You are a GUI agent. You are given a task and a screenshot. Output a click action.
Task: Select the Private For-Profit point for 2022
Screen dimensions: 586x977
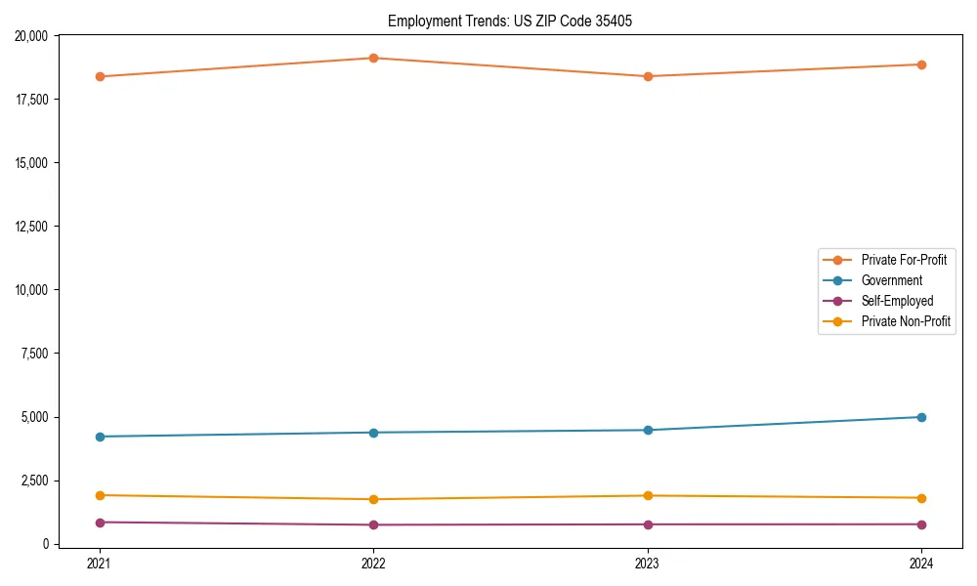point(373,58)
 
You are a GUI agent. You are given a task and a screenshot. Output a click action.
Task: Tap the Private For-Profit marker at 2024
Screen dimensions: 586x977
point(921,64)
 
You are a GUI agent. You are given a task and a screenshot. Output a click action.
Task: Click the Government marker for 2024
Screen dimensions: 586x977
point(921,417)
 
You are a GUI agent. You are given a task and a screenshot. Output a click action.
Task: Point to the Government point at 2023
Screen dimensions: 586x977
point(648,430)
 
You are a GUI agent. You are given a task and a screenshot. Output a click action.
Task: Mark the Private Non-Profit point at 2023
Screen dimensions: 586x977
point(648,495)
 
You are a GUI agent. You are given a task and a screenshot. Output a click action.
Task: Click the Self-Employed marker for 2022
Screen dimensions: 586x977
point(373,524)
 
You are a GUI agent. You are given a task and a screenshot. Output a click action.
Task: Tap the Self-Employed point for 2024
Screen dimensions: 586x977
point(921,524)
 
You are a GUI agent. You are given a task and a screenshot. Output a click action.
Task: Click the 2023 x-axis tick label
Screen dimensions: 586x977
point(648,563)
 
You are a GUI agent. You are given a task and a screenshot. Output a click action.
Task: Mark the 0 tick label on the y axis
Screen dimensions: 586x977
point(46,544)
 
